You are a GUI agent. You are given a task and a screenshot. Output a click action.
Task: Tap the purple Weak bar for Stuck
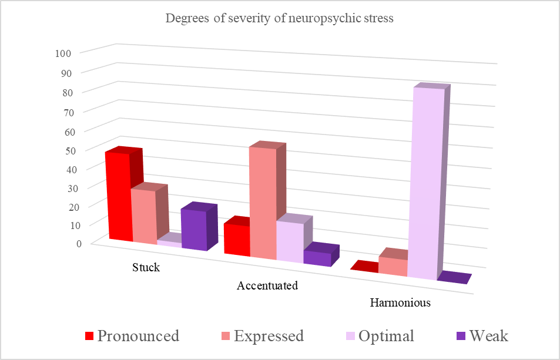[x=194, y=230]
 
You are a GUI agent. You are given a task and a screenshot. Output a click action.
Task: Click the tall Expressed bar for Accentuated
[x=263, y=203]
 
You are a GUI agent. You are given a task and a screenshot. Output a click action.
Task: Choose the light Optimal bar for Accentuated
[x=289, y=241]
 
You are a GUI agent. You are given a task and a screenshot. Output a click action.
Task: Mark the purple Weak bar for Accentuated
[x=317, y=258]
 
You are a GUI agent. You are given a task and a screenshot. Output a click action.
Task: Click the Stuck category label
[x=146, y=267]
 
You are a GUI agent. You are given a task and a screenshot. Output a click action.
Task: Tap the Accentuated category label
[x=267, y=286]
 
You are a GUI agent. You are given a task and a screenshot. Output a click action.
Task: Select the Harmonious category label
[x=400, y=304]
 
